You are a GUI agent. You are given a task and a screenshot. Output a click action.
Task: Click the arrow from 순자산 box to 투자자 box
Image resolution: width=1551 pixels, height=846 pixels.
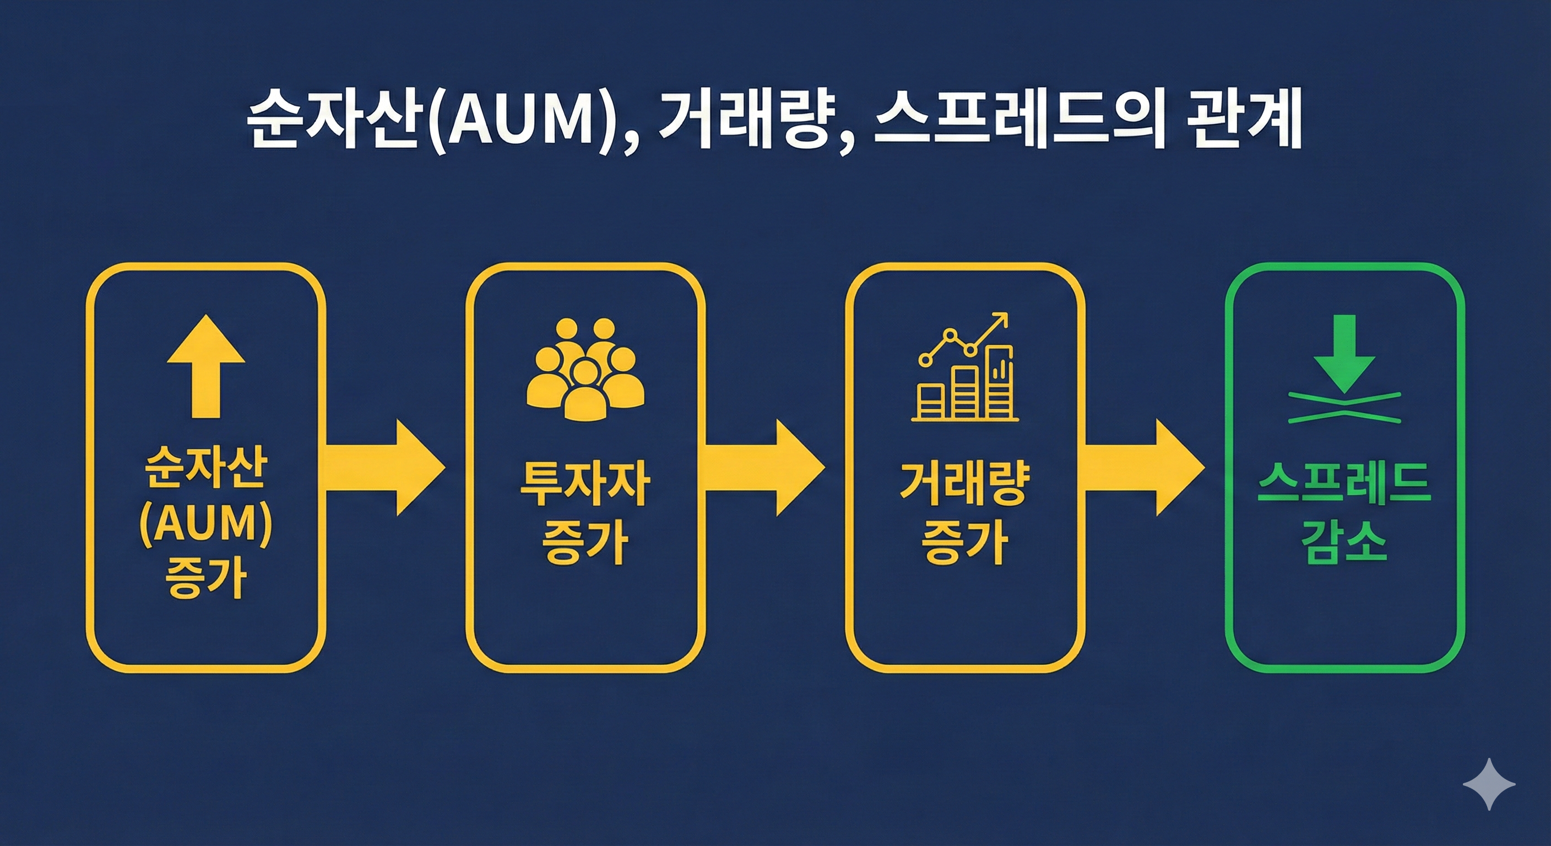pos(386,468)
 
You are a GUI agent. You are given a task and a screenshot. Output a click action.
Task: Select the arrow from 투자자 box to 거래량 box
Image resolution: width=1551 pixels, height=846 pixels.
pos(764,468)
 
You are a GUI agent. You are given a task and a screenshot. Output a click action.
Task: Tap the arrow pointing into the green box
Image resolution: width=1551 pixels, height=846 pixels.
pos(1144,468)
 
